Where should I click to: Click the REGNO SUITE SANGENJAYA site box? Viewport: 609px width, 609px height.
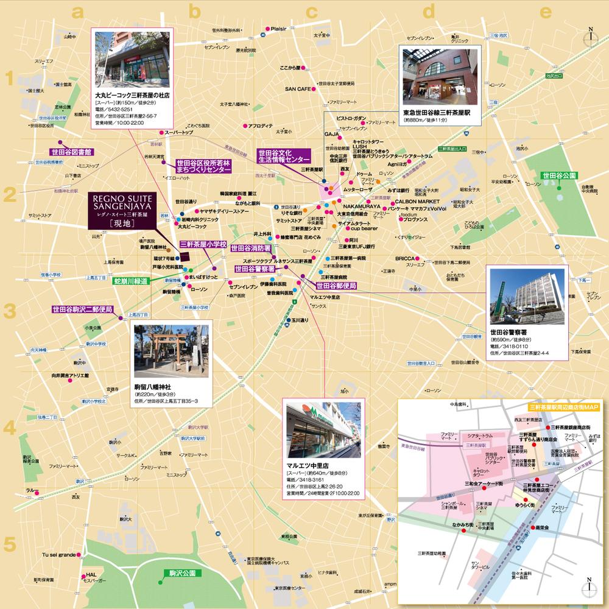pyautogui.click(x=124, y=211)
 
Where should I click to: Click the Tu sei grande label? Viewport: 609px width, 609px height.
pyautogui.click(x=58, y=555)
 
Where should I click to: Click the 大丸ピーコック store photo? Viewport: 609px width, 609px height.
pyautogui.click(x=131, y=58)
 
